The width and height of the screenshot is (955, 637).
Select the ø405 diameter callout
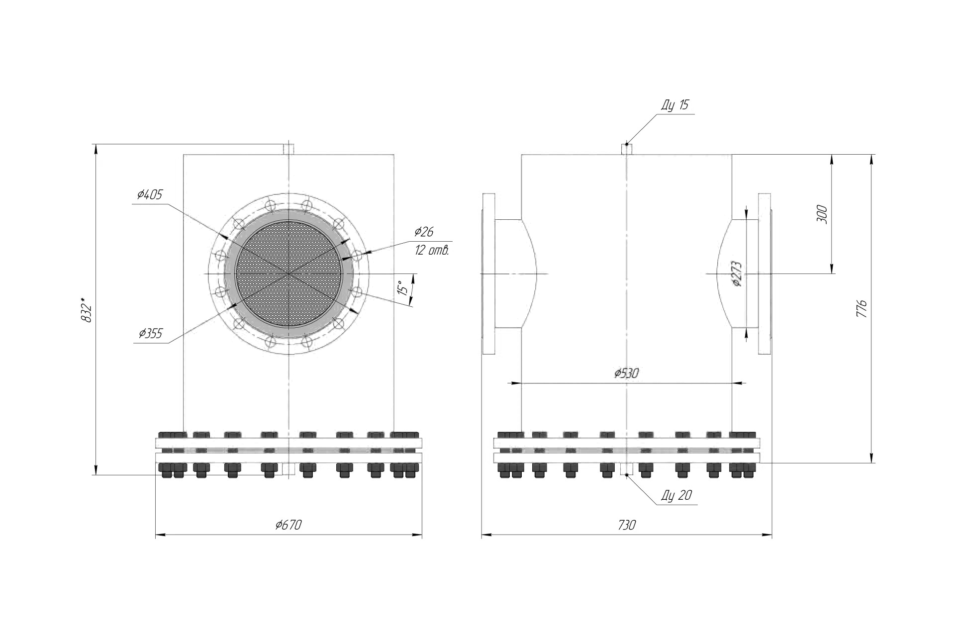coord(150,194)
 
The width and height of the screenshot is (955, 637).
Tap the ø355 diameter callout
coord(151,333)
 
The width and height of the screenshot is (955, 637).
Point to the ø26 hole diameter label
coord(424,231)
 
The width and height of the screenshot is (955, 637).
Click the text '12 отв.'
coord(432,250)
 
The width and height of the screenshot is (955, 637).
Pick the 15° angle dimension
coord(405,288)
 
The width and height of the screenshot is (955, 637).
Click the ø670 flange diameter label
coord(288,525)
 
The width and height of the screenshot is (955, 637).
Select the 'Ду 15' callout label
coord(675,105)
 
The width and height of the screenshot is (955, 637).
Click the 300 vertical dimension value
coord(822,214)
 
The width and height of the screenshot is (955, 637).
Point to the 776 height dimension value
coord(862,309)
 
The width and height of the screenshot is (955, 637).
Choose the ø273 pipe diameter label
coord(737,274)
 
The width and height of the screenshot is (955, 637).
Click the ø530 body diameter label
coord(626,373)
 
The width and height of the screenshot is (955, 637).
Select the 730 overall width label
coord(627,525)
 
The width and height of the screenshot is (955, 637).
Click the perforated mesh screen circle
coord(288,273)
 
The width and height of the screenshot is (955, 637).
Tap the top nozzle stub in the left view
coord(288,149)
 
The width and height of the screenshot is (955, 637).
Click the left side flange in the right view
coord(488,274)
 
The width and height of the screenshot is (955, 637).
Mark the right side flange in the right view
coord(765,274)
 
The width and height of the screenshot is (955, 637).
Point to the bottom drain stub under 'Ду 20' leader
coord(627,469)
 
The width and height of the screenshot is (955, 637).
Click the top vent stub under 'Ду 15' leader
coord(627,149)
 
